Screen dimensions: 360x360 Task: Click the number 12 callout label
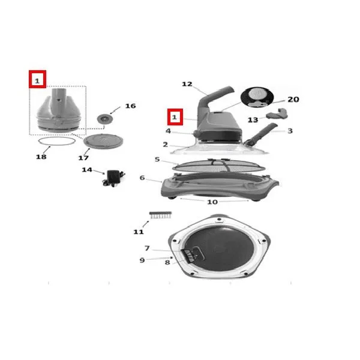point(187,84)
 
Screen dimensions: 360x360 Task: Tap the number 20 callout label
point(293,100)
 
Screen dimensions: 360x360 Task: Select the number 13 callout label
point(253,119)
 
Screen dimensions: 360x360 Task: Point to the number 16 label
point(130,106)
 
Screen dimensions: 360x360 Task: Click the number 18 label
point(41,157)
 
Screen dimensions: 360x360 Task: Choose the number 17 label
point(83,158)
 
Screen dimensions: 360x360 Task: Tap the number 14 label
point(87,170)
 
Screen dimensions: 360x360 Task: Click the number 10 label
point(212,202)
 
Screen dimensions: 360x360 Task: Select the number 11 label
point(139,232)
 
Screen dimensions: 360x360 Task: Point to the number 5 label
point(157,160)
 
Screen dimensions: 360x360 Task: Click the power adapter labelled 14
point(113,178)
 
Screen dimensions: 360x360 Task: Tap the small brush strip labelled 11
point(160,215)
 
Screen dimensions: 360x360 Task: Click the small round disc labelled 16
point(105,119)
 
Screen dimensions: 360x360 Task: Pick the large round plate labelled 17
point(103,141)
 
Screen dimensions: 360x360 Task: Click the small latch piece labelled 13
point(277,114)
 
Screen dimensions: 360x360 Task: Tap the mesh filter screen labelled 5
point(218,166)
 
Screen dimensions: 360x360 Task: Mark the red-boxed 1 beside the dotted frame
point(37,79)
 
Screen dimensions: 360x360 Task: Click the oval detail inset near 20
point(257,97)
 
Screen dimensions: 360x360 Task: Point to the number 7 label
point(147,248)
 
